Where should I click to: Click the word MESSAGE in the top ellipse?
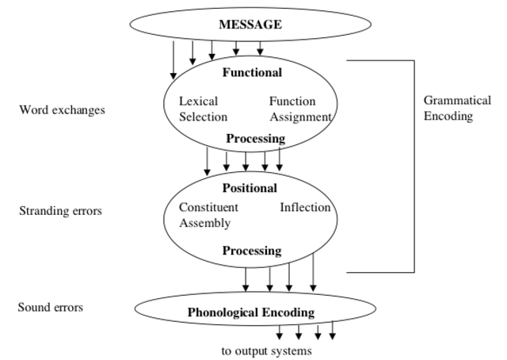[x=250, y=25]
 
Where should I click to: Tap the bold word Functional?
[x=251, y=73]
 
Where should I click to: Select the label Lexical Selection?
[x=203, y=109]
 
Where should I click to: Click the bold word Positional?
[x=250, y=189]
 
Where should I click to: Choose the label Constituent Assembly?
[x=208, y=215]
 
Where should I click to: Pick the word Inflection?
[x=305, y=208]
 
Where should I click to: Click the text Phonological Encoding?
[x=250, y=312]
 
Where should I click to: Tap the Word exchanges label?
[x=62, y=110]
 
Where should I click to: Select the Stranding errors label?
[x=60, y=211]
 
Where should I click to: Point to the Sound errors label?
[x=50, y=307]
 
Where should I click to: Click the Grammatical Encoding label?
[x=457, y=109]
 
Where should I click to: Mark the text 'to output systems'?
[x=266, y=350]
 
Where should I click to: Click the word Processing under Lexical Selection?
[x=255, y=139]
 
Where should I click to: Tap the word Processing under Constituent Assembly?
[x=251, y=251]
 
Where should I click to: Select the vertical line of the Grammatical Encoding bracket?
[x=414, y=167]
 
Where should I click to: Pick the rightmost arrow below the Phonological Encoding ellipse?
[x=333, y=329]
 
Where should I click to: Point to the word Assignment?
[x=300, y=117]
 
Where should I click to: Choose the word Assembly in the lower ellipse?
[x=204, y=223]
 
